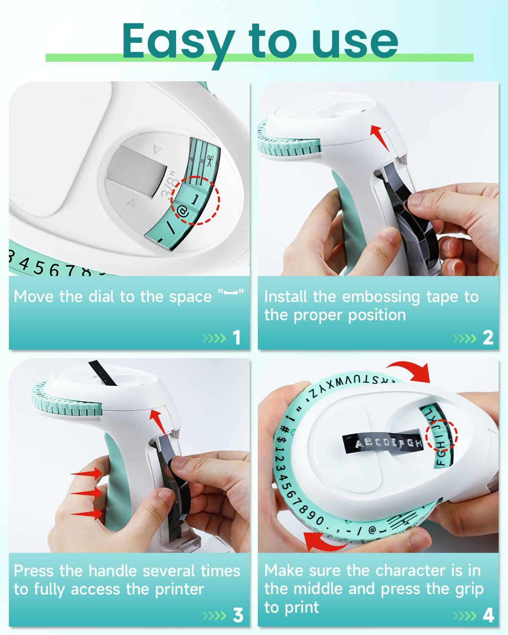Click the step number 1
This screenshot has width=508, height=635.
236,337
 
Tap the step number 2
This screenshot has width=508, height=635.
488,337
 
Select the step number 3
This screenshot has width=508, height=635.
238,615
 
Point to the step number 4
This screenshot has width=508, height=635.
488,615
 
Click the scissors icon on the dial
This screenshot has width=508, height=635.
210,160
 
